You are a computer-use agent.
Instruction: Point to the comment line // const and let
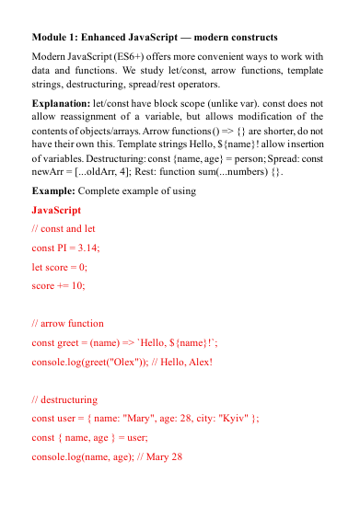click(x=66, y=228)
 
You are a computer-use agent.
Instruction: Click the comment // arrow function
click(x=68, y=324)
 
